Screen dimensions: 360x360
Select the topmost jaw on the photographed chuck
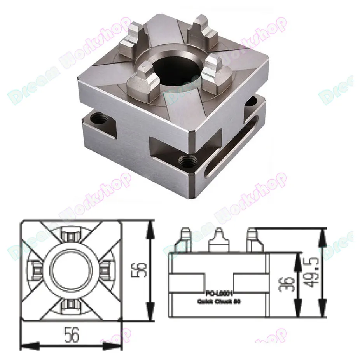click(201, 29)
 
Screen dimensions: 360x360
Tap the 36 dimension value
click(286, 282)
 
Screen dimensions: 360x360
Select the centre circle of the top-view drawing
click(72, 270)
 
